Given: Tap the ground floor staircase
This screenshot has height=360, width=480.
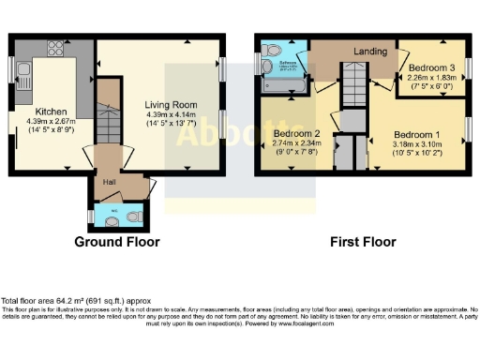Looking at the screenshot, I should pos(110,117).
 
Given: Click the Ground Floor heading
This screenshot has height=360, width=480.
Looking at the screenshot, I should pos(117,242).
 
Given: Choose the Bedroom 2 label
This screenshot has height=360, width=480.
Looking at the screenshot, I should pos(297,134).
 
